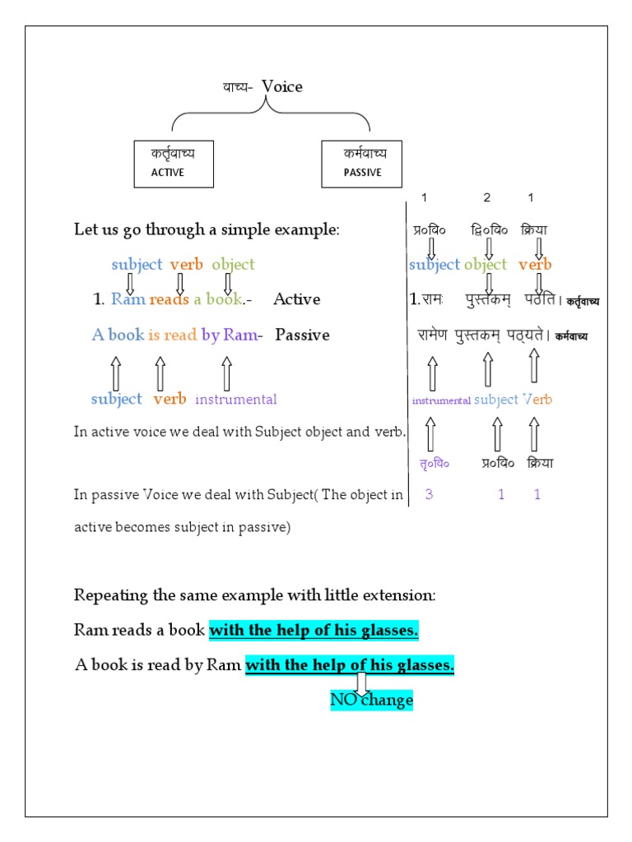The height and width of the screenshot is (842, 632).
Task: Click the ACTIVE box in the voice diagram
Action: tap(174, 163)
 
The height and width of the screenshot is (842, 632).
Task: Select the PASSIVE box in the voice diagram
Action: tap(363, 163)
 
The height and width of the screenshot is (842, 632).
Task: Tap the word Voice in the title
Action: tap(282, 86)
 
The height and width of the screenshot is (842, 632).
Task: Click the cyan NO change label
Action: tap(371, 701)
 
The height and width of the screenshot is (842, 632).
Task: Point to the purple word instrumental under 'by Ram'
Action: tap(236, 400)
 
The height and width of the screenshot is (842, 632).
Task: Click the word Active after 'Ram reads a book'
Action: tap(296, 299)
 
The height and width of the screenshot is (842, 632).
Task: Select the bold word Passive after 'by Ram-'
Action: tap(302, 335)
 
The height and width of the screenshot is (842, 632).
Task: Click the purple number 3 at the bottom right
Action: tap(429, 494)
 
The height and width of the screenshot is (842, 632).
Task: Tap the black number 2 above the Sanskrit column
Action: tap(486, 197)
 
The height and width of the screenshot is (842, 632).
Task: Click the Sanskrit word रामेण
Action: tap(430, 335)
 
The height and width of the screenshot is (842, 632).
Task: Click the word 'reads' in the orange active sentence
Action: tap(169, 299)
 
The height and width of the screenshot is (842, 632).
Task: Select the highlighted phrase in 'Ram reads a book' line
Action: tap(314, 631)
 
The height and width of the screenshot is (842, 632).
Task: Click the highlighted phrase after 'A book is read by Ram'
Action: tap(350, 666)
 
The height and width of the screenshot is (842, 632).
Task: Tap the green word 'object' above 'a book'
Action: tap(233, 265)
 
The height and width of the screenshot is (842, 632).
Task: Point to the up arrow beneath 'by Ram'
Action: tap(226, 372)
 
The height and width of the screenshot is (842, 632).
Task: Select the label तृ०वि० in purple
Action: tap(430, 463)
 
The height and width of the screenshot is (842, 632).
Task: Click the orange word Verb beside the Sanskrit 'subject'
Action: tap(537, 400)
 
